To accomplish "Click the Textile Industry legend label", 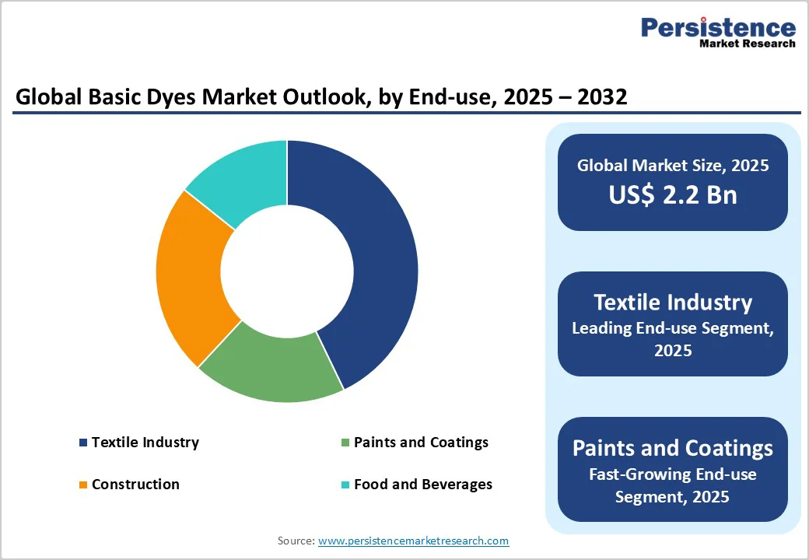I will [x=145, y=443].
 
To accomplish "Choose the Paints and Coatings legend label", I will [x=421, y=443].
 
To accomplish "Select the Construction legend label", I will [x=135, y=485].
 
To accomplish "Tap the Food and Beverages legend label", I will [x=422, y=485].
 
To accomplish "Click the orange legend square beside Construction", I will [x=83, y=485].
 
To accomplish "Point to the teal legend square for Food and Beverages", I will [x=345, y=485].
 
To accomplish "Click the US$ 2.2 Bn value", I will [x=672, y=194].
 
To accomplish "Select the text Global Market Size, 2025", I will [x=672, y=166].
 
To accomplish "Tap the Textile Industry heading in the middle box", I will [x=672, y=303].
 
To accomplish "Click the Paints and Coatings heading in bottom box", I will [x=672, y=448].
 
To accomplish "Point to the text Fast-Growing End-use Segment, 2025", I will [x=672, y=485].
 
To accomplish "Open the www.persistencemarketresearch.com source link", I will [x=413, y=541].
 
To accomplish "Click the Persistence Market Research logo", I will [x=717, y=33].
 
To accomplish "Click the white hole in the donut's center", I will [x=287, y=271].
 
